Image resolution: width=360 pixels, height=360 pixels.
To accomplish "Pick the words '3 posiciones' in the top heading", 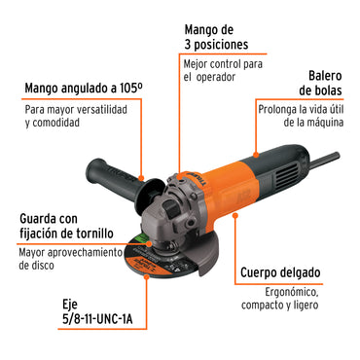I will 215,45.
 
